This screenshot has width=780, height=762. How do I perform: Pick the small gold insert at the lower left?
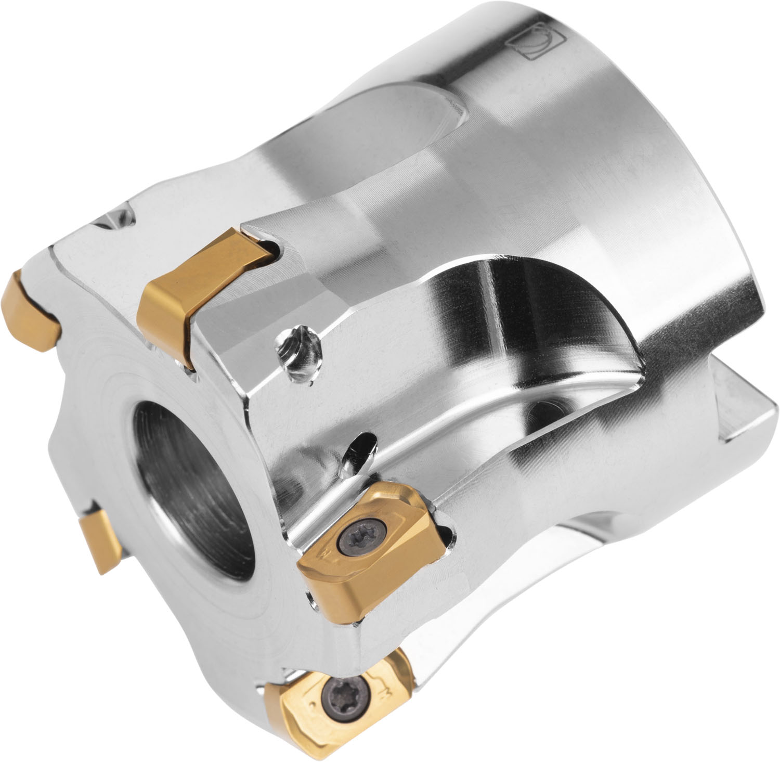click(101, 541)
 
